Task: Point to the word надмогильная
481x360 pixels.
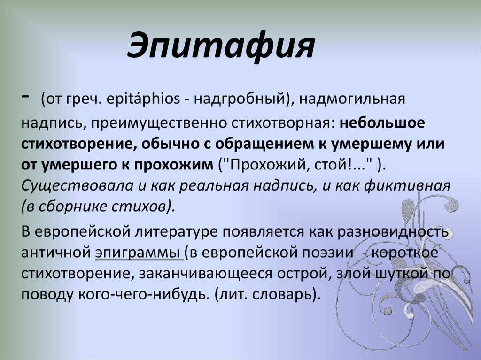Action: (349, 100)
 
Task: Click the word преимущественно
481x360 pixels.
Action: (159, 122)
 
